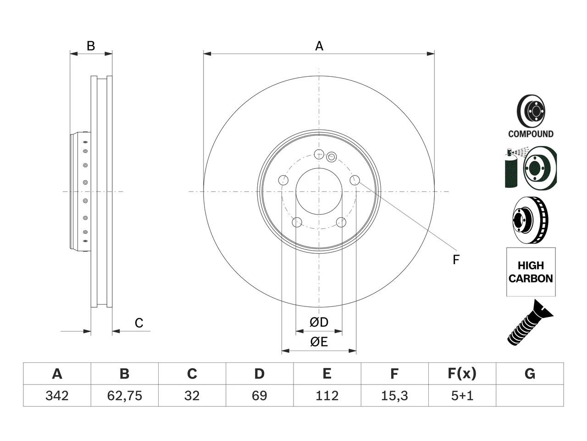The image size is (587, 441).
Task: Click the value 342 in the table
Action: click(x=57, y=396)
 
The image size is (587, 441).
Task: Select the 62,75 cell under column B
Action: click(x=125, y=396)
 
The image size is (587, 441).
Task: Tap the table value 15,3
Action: click(x=394, y=396)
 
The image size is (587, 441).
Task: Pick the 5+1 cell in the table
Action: click(x=462, y=396)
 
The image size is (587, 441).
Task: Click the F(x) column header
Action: click(x=462, y=373)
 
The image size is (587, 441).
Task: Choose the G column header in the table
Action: click(x=530, y=373)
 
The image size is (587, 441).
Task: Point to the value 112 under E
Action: click(x=327, y=396)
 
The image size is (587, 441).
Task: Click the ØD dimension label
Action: click(x=319, y=322)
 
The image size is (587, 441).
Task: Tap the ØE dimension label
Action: click(x=319, y=342)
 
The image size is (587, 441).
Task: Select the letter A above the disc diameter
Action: click(x=319, y=46)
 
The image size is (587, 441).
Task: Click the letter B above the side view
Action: click(x=91, y=46)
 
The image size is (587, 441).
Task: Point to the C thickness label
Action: click(x=139, y=323)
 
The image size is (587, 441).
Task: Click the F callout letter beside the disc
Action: click(x=456, y=260)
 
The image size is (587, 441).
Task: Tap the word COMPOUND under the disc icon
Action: click(x=531, y=134)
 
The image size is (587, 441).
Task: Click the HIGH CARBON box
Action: click(x=531, y=272)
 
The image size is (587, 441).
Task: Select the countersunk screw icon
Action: click(x=530, y=323)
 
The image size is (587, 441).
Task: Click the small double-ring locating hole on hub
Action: click(x=332, y=157)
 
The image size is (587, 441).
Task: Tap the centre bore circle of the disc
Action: click(x=319, y=168)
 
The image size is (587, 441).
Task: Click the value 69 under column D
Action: click(x=260, y=396)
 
